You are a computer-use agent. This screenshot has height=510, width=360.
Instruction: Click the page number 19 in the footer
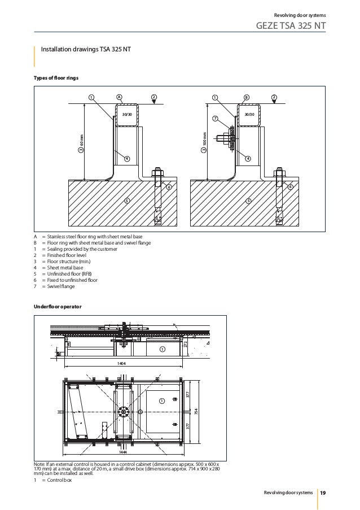point(323,493)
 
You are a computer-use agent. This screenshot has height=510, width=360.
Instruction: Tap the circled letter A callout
point(118,97)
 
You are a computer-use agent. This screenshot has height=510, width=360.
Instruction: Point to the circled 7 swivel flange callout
point(215,119)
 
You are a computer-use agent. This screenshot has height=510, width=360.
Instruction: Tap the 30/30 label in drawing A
point(127,115)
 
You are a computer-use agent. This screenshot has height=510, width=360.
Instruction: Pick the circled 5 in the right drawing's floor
point(248,201)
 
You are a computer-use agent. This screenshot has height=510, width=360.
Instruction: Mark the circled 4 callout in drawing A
point(126,159)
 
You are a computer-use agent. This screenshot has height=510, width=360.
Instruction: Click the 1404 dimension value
point(121,364)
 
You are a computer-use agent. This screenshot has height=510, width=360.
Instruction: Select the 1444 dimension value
point(123,452)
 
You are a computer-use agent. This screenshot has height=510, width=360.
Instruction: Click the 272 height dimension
point(185,344)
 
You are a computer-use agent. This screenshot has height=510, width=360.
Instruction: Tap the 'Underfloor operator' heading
point(58,306)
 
